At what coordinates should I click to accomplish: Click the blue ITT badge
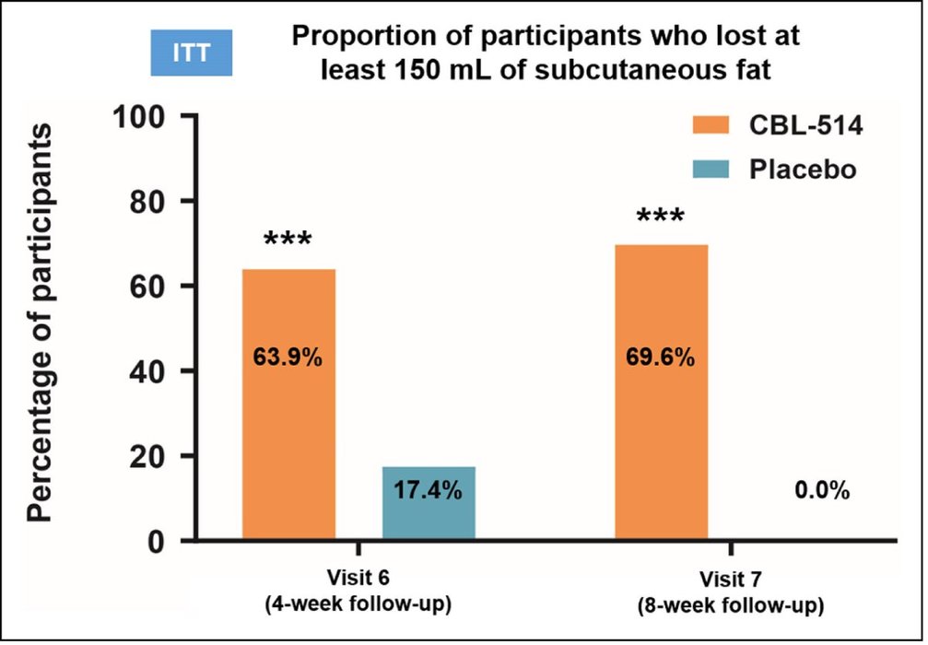tap(192, 53)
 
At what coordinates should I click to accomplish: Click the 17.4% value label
tap(429, 490)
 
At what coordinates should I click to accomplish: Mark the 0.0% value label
tap(821, 491)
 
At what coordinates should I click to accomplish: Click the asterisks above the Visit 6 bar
tap(288, 241)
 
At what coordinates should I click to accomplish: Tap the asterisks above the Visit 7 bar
tap(660, 217)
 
